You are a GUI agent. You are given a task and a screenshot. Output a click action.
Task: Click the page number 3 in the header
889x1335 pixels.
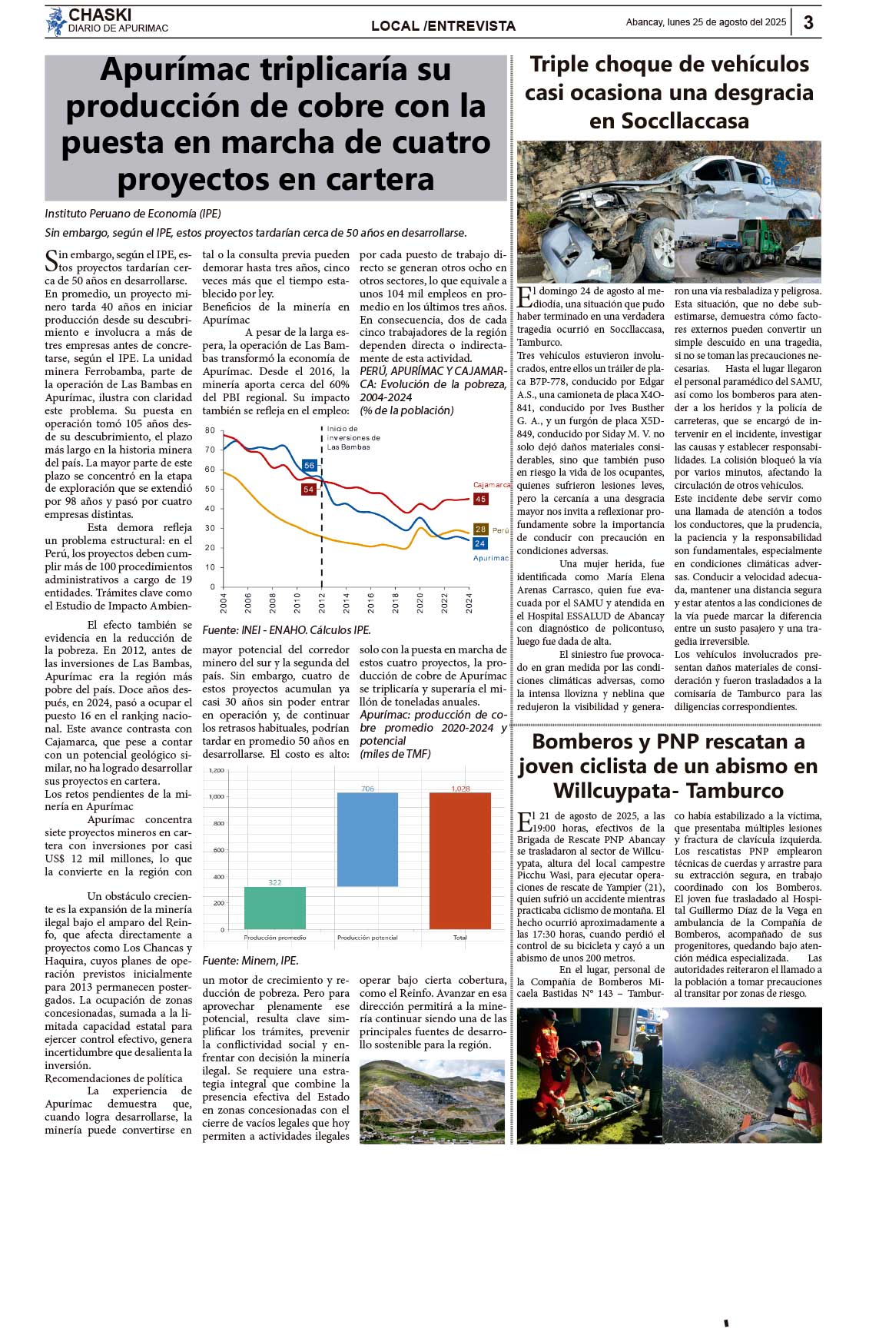click(x=808, y=23)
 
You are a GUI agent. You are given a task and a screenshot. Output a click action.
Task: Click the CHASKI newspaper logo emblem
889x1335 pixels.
click(x=55, y=22)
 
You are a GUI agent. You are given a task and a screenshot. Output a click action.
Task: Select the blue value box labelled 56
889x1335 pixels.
click(x=309, y=465)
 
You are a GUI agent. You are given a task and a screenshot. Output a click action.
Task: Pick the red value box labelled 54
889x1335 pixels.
click(x=308, y=489)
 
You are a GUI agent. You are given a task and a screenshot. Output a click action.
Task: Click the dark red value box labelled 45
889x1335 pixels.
click(x=480, y=499)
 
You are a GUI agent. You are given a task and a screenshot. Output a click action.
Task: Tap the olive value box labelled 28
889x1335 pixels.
click(x=480, y=529)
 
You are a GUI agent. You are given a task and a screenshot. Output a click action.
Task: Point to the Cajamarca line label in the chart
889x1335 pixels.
click(x=491, y=485)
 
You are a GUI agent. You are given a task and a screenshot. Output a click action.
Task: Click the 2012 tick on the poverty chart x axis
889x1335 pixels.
click(x=322, y=602)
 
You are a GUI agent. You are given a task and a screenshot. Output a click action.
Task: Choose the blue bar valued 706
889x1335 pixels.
click(x=367, y=839)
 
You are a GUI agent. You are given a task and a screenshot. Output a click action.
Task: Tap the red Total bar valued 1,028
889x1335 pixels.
click(x=459, y=860)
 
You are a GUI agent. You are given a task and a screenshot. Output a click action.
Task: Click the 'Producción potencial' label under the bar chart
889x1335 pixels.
click(x=367, y=938)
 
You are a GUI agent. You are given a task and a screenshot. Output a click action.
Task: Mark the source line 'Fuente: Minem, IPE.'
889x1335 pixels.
click(x=250, y=960)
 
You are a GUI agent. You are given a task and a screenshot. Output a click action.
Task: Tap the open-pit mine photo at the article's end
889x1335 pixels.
click(x=432, y=1101)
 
